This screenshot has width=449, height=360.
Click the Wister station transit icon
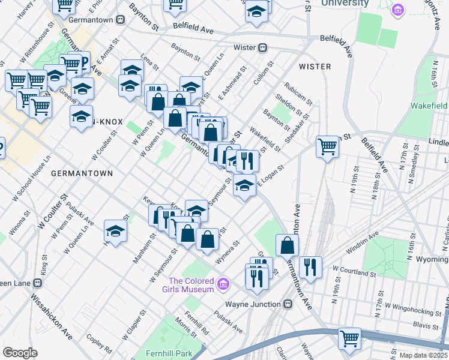click(x=262, y=47)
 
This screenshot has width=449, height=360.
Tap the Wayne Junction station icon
click(x=288, y=304)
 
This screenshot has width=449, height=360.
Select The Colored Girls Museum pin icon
click(x=223, y=283)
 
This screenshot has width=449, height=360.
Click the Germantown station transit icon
click(x=121, y=19)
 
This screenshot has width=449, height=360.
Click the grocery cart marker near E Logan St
click(x=328, y=145)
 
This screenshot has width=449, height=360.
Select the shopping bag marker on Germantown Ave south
click(x=288, y=244)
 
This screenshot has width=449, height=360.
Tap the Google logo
click(x=20, y=353)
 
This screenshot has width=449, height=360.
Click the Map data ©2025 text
click(x=423, y=355)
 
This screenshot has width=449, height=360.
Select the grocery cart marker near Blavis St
click(x=349, y=337)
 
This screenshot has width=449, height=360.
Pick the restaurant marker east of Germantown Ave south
click(x=310, y=266)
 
